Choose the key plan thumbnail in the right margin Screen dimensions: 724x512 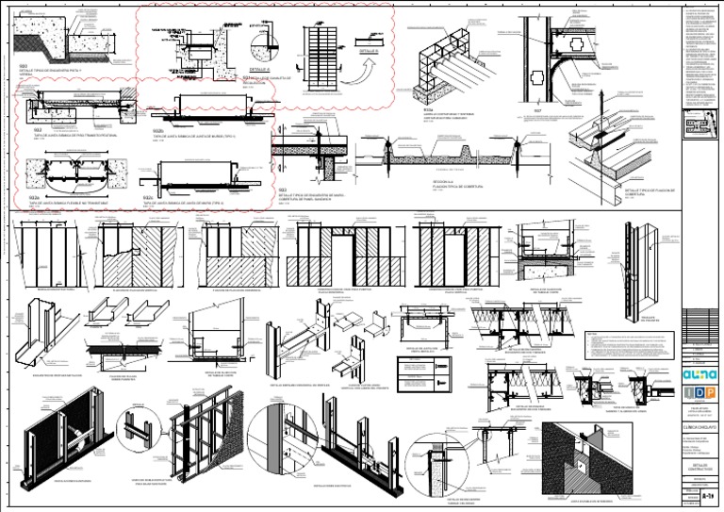(702, 126)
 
